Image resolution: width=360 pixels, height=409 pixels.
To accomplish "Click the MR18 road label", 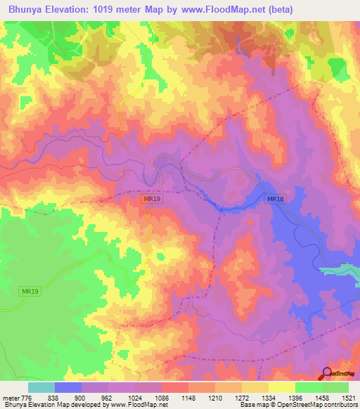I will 276,200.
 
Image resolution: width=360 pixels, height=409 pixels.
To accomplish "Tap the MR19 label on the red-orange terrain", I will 152,200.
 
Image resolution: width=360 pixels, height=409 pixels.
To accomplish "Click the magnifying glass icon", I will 327,374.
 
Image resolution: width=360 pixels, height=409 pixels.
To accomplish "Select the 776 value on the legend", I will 26,398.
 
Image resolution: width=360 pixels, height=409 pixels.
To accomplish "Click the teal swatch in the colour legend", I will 41,387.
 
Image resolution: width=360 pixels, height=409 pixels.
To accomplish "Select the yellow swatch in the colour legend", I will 281,387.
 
